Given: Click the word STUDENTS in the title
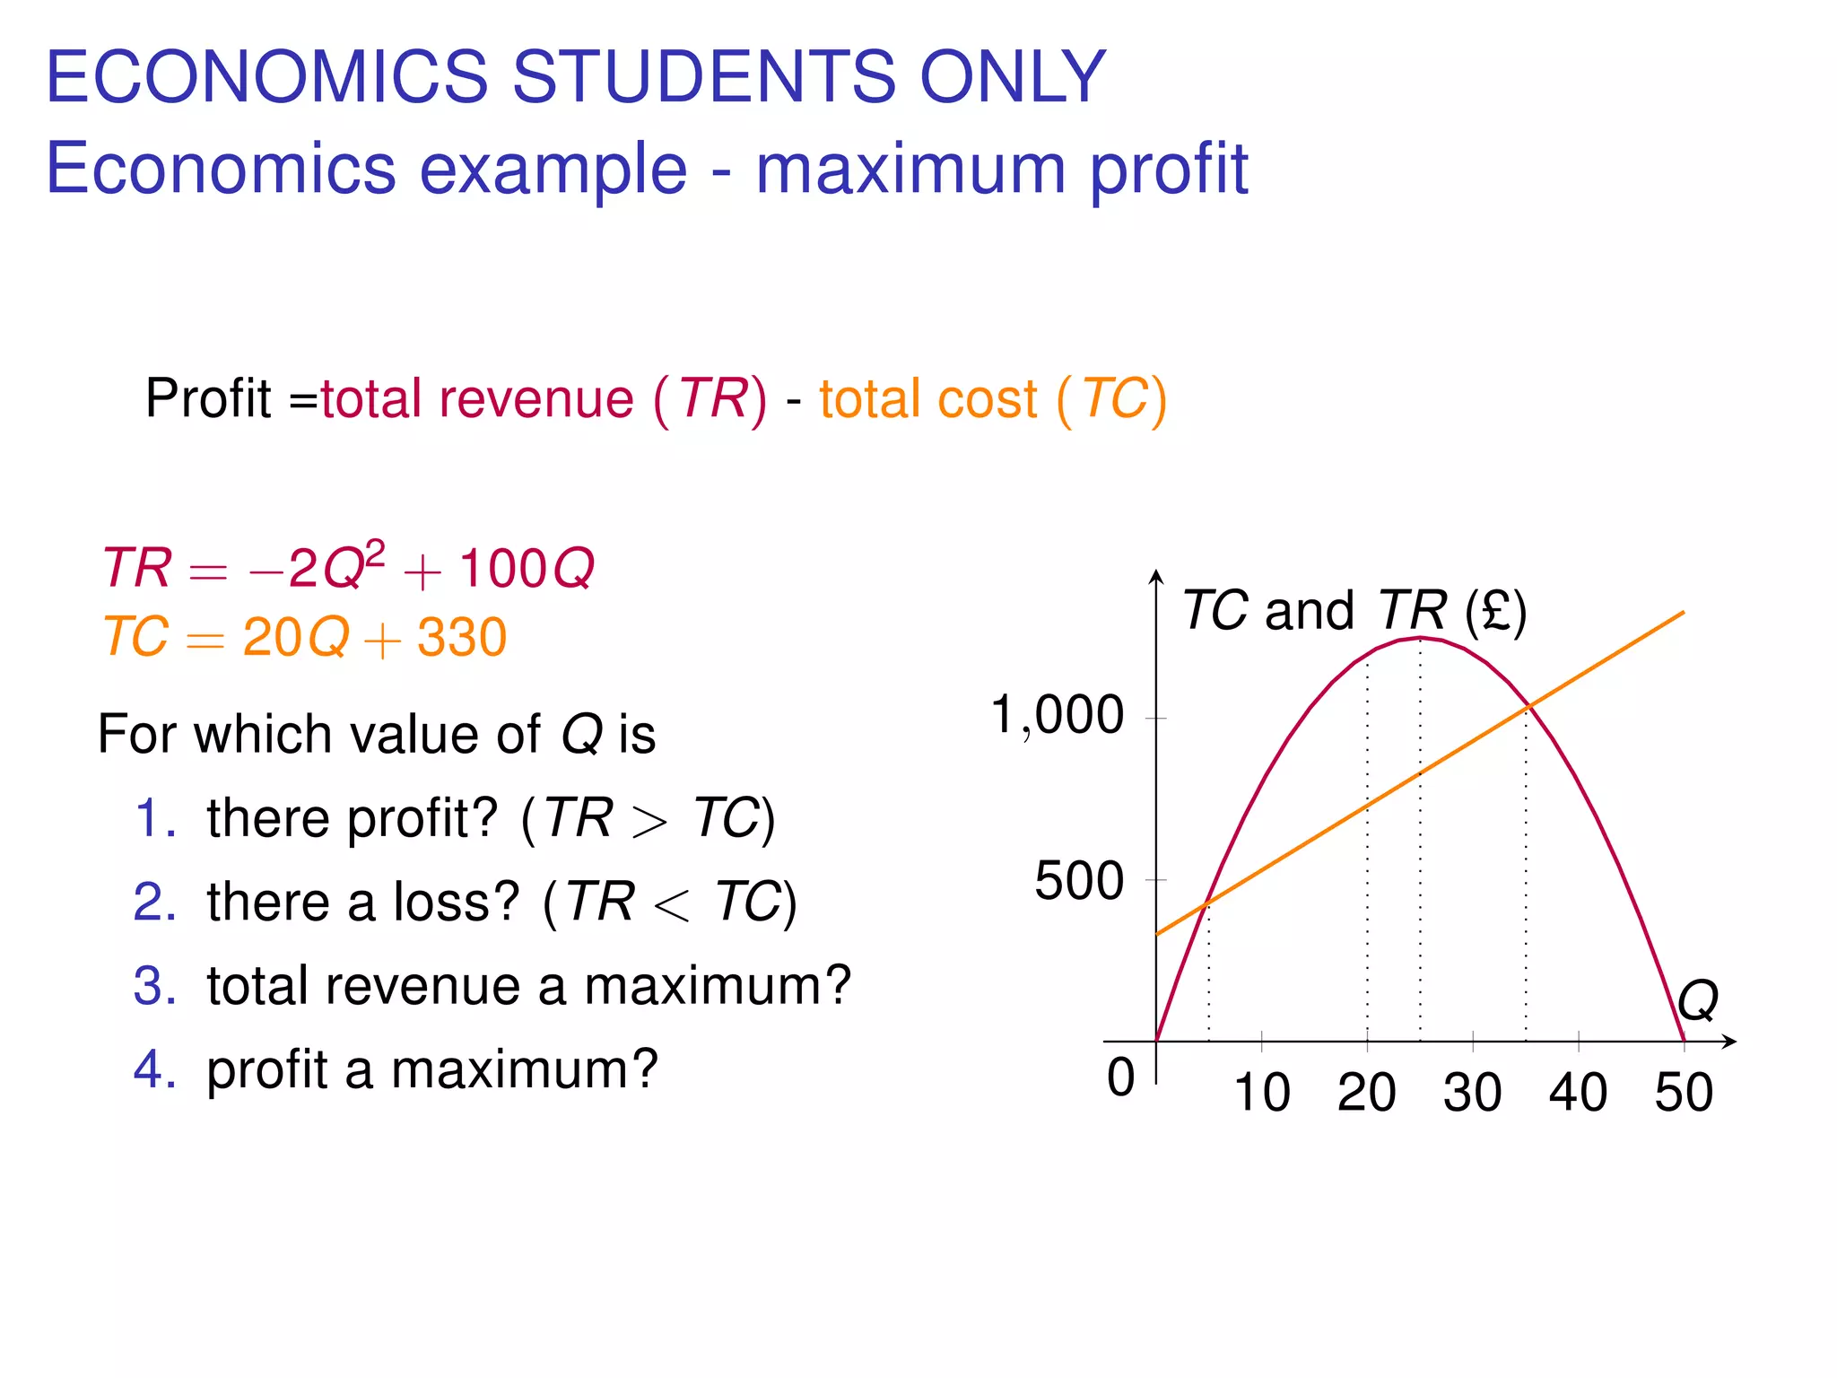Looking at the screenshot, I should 703,76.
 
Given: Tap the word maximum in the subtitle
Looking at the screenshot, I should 910,169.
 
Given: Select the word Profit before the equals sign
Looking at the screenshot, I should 207,398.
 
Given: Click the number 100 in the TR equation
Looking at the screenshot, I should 502,568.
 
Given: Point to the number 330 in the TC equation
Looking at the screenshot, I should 462,638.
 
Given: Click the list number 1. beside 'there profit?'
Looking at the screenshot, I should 154,818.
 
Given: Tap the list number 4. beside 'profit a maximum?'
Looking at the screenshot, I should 154,1069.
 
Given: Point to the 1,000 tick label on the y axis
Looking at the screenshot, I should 1057,716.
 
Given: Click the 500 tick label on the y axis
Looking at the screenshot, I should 1078,880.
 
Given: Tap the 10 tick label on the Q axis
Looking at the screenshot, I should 1261,1093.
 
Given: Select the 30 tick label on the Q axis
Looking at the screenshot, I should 1472,1093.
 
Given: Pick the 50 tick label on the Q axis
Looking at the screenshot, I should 1684,1093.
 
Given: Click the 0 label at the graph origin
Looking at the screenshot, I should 1120,1077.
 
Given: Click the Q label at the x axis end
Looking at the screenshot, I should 1697,999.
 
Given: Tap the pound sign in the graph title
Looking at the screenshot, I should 1495,612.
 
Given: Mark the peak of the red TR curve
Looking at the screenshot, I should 1420,638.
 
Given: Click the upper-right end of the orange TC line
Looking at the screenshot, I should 1683,613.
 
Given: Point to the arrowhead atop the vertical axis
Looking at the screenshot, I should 1157,574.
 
